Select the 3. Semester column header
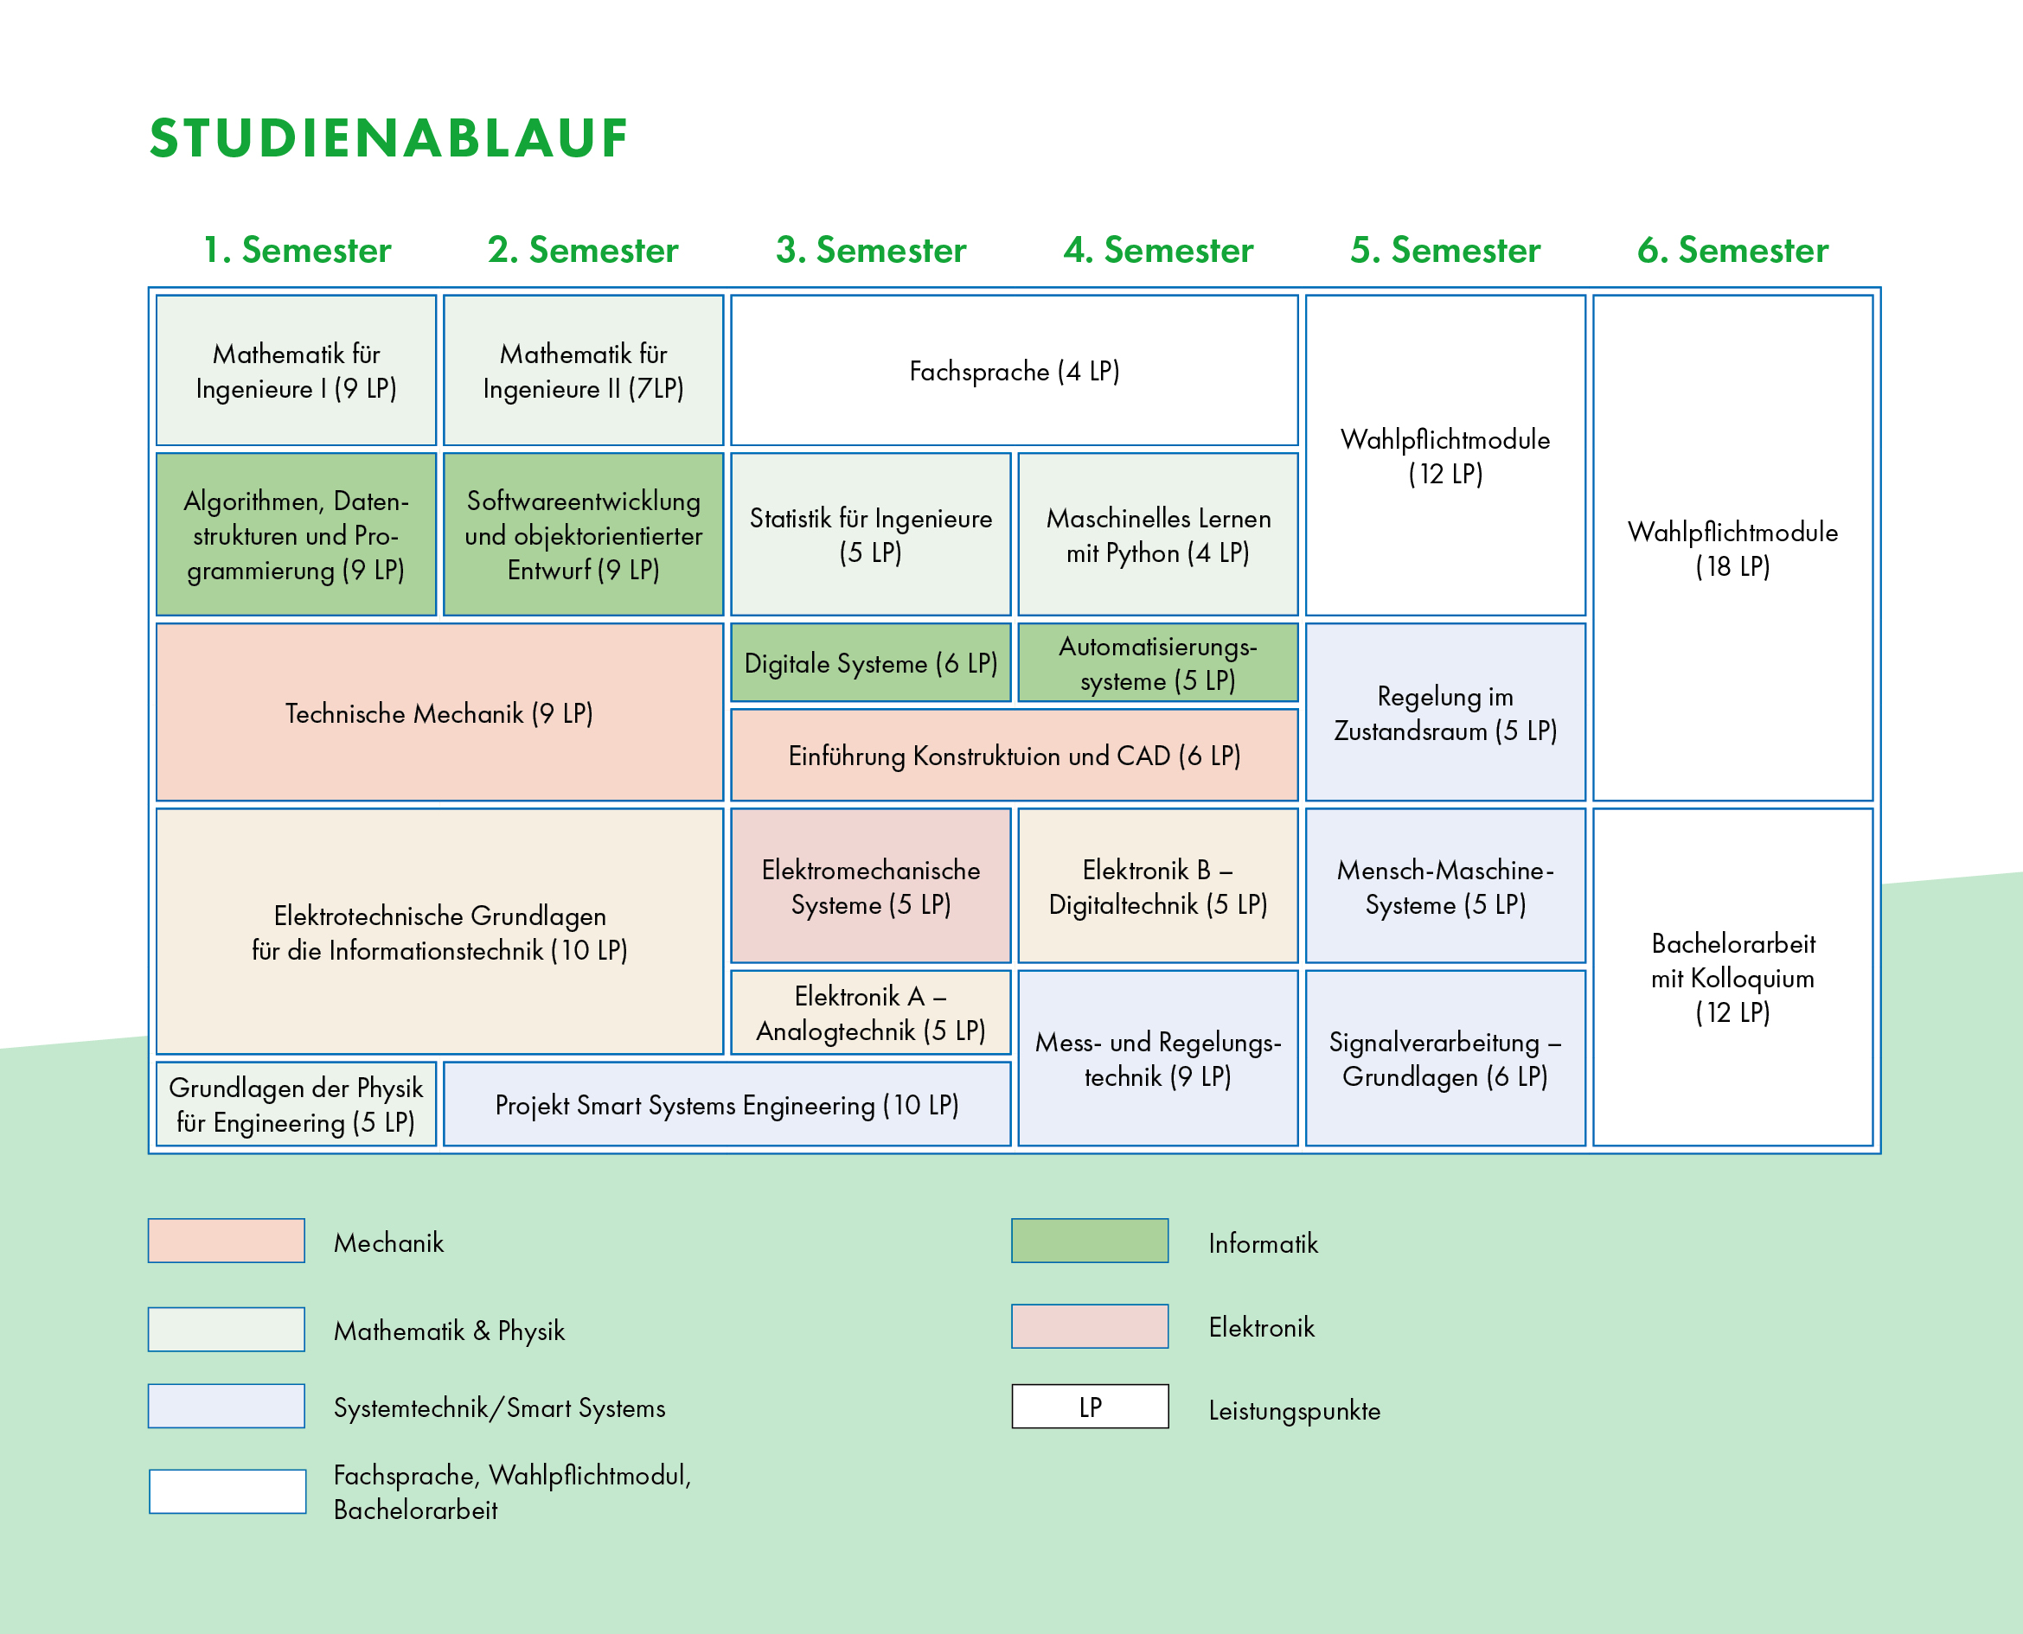pos(871,251)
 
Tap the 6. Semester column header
pos(1732,251)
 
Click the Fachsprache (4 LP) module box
pos(1014,371)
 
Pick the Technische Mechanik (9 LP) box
pos(439,712)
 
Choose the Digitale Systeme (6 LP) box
pos(870,662)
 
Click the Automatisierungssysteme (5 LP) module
pos(1158,662)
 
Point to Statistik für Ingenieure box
pos(870,534)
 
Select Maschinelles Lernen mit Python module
pos(1158,534)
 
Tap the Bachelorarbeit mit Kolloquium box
pos(1732,977)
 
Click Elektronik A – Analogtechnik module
pos(870,1012)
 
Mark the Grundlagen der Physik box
pos(296,1104)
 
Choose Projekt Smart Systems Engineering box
pos(727,1104)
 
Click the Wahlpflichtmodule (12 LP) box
pos(1445,456)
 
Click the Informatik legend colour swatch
pos(1089,1241)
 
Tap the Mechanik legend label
pos(387,1242)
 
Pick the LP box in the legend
pos(1089,1407)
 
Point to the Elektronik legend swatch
pos(1089,1326)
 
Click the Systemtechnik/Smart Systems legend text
pos(499,1408)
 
